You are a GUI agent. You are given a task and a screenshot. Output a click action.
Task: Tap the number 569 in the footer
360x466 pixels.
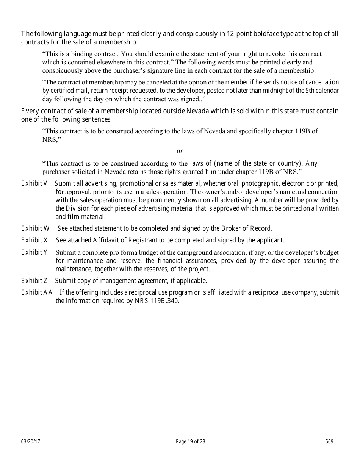(329, 441)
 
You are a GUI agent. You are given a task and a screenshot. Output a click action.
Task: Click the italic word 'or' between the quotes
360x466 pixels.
(180, 152)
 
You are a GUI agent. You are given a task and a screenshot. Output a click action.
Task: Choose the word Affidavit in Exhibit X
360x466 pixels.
(107, 240)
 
